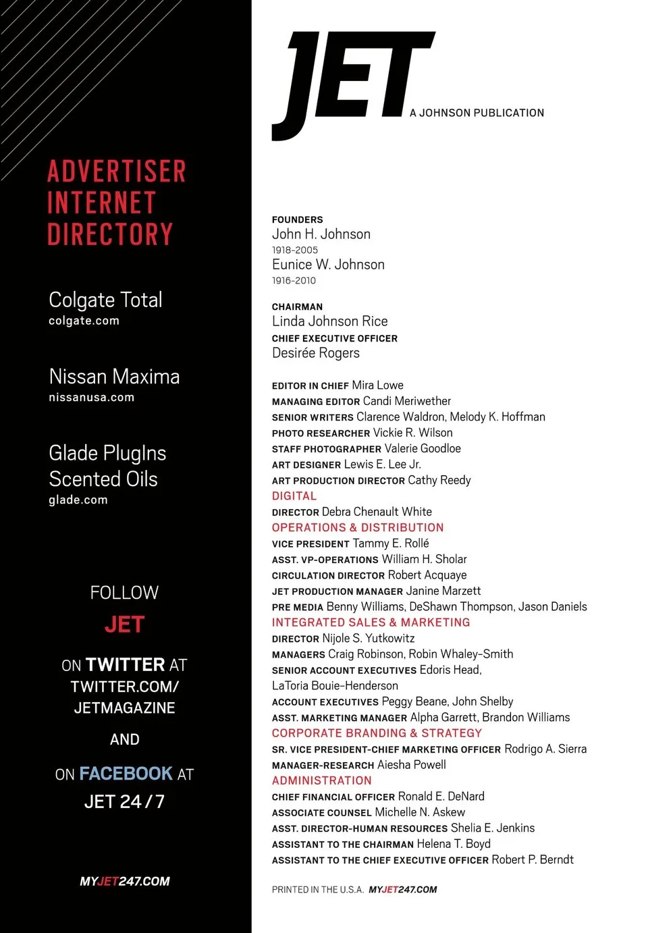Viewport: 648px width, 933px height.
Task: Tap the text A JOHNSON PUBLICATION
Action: tap(477, 113)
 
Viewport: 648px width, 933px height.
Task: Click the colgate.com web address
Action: tap(84, 321)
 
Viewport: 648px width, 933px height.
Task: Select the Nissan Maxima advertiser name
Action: tap(114, 376)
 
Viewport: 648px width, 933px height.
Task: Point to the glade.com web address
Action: tap(78, 500)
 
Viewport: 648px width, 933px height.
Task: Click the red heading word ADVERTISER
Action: tap(117, 171)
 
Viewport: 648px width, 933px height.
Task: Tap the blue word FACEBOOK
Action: tap(126, 773)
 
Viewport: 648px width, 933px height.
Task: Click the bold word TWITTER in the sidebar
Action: tap(126, 665)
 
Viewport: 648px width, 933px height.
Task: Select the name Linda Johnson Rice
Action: tap(329, 321)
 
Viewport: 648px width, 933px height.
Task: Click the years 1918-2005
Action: tap(295, 250)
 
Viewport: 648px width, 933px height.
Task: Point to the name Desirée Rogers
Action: tap(316, 353)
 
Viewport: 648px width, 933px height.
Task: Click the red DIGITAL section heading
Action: tap(294, 496)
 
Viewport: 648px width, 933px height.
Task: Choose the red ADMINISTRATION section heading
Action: tap(322, 780)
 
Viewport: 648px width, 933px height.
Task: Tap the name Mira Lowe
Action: tap(378, 385)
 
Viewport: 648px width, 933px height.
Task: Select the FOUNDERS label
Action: tap(298, 219)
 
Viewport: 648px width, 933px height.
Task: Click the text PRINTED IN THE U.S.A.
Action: tap(318, 890)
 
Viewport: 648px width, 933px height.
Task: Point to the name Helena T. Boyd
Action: tap(454, 844)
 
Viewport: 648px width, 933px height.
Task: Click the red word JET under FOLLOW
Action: tap(125, 624)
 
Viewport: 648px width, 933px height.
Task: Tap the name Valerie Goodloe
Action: tap(423, 448)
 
